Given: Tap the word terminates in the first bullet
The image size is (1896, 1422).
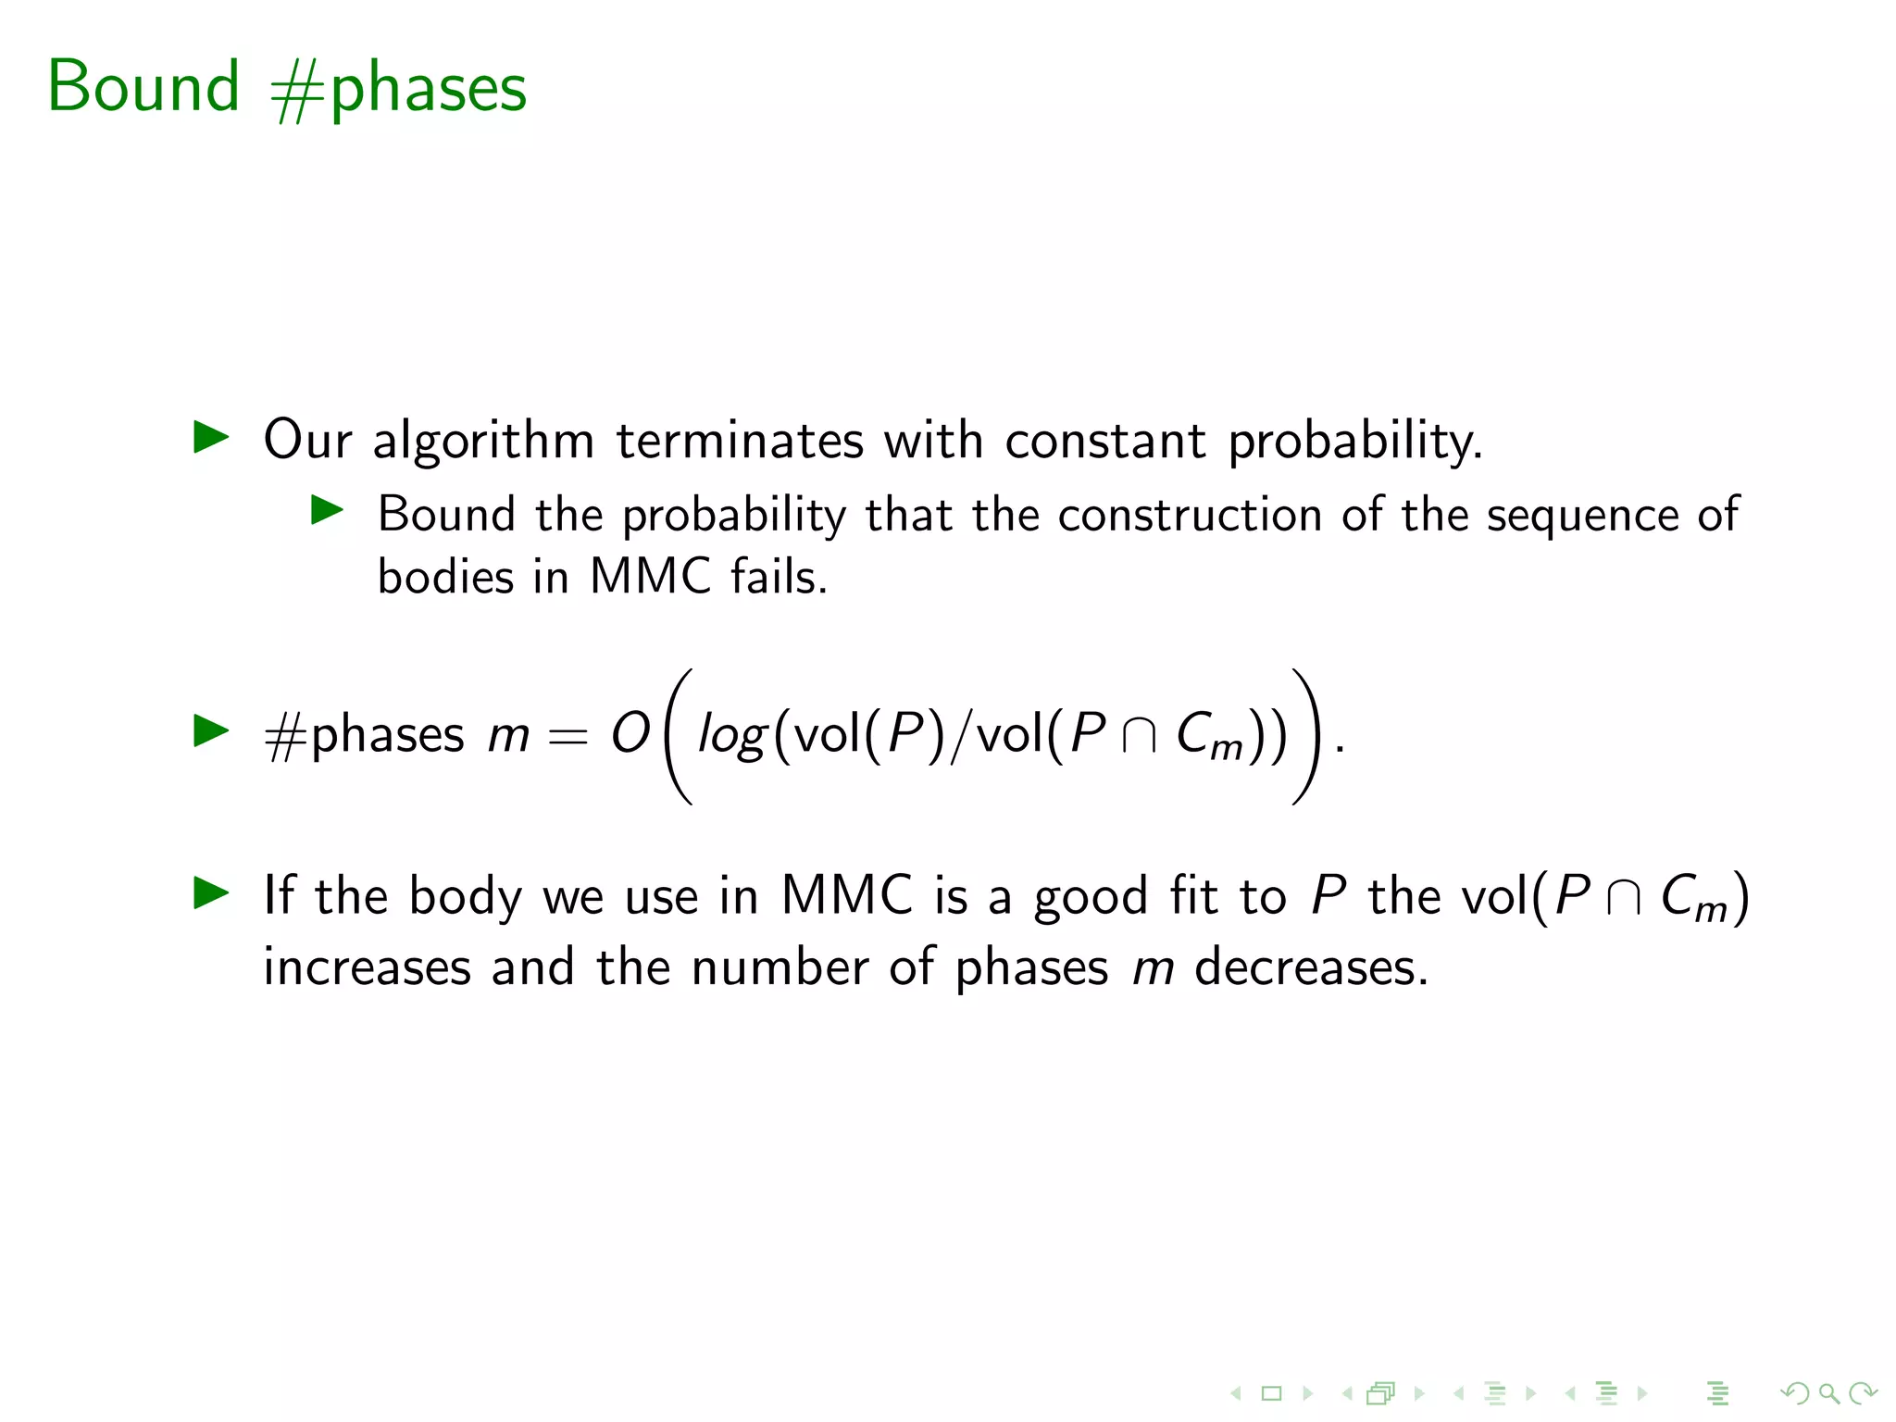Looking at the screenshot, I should [x=739, y=440].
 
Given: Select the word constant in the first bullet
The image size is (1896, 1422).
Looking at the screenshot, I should [x=1105, y=440].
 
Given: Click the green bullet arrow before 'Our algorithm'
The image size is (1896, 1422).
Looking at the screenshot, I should [x=211, y=437].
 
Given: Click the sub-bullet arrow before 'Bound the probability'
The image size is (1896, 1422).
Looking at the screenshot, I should [x=327, y=509].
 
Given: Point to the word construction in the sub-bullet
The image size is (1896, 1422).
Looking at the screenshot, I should [x=1190, y=515].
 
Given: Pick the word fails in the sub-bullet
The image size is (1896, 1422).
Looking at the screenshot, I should [x=778, y=577].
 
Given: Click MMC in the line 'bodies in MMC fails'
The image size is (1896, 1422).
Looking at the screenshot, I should [x=650, y=577].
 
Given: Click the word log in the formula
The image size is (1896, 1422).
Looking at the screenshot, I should [x=731, y=737].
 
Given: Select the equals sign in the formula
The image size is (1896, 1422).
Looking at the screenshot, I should [x=568, y=738].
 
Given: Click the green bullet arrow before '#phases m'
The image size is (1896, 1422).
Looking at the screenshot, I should [x=211, y=730].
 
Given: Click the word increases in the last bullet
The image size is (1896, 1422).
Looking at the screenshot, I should [x=367, y=967].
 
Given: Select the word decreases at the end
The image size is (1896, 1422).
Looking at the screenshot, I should [x=1310, y=967].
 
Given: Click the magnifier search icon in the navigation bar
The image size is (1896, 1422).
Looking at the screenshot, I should [x=1827, y=1392].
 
